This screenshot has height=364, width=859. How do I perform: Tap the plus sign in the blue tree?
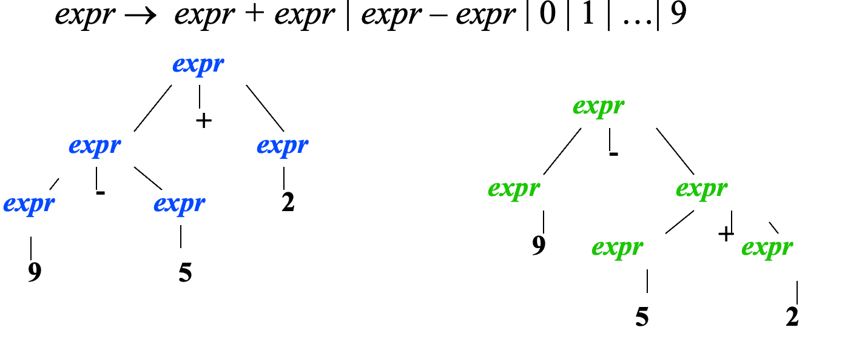tap(204, 121)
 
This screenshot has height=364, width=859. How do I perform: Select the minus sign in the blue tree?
tap(101, 192)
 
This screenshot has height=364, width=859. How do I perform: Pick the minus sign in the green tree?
tap(613, 154)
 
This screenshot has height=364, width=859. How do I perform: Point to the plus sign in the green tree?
tap(725, 234)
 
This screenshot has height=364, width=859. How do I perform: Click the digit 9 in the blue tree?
tap(35, 272)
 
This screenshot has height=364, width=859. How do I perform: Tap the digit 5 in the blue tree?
tap(185, 272)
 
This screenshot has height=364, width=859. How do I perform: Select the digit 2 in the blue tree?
tap(288, 202)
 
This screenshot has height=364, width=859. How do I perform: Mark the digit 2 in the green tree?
tap(792, 318)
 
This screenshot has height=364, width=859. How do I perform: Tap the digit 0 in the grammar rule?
tap(547, 14)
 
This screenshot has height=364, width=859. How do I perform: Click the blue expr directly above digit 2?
tap(283, 147)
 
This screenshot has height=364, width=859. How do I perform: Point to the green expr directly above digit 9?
tap(513, 189)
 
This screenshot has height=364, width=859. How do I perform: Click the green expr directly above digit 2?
tap(767, 248)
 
